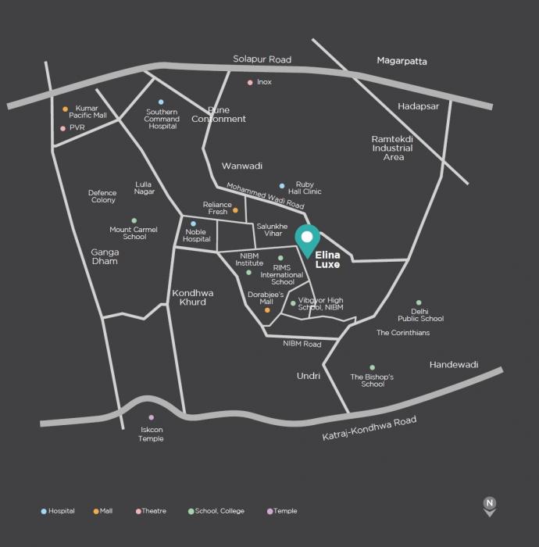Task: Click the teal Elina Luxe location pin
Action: (307, 239)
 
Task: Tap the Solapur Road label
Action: (262, 59)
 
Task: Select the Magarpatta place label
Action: (402, 60)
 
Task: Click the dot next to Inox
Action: (250, 82)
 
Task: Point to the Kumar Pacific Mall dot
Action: (65, 109)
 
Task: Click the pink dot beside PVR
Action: (62, 128)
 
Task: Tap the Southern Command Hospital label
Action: (162, 119)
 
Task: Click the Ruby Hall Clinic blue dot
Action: (282, 186)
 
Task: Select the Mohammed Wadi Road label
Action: (265, 195)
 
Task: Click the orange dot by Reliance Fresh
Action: (235, 210)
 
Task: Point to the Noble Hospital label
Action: (197, 235)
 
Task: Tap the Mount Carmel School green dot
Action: (134, 221)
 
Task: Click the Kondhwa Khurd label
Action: (192, 298)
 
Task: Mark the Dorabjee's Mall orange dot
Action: (267, 310)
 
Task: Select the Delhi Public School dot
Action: (419, 302)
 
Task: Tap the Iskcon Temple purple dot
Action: (152, 417)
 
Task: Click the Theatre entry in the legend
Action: (152, 511)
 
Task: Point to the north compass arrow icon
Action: (490, 506)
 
